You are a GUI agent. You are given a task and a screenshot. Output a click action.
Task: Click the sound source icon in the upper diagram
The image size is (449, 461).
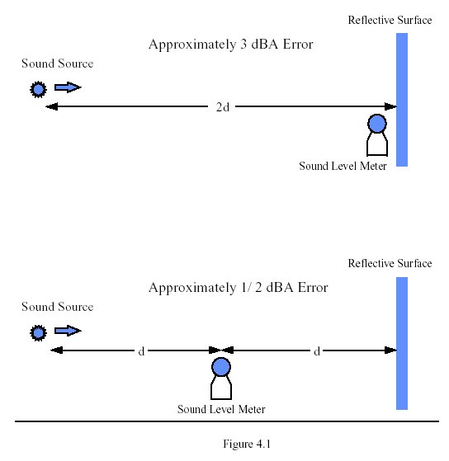[38, 89]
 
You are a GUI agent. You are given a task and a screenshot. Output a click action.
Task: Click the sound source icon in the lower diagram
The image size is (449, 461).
[38, 333]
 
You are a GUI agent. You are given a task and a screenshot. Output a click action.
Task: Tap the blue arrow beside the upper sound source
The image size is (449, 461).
[68, 87]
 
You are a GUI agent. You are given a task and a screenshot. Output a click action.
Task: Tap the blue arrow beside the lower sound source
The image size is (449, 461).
[68, 331]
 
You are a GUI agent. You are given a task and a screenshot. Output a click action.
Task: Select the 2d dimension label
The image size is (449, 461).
[223, 107]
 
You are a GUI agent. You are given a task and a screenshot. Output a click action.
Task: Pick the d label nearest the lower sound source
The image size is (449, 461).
[141, 351]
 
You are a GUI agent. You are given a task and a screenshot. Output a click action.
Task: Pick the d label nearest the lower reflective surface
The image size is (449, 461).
[317, 351]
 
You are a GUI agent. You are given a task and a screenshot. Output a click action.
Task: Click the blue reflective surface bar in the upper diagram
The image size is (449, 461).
[402, 100]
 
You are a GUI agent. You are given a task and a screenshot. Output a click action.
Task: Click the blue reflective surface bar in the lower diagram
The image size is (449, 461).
[402, 343]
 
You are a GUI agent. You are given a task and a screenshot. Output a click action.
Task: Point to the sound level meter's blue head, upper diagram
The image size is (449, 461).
[377, 124]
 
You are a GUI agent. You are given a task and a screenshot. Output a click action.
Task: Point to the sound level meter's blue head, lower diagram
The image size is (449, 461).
[221, 367]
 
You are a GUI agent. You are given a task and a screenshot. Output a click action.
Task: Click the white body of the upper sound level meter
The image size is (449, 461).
[377, 144]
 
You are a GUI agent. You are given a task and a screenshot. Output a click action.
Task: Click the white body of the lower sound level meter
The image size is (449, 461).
[221, 388]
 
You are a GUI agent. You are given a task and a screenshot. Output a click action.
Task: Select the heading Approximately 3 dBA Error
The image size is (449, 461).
[230, 45]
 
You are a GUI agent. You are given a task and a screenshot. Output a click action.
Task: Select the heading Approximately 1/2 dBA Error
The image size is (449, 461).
[238, 288]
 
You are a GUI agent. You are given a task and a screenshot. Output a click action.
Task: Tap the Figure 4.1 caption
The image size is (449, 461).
[247, 444]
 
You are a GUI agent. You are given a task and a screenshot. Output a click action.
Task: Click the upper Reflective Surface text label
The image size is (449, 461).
[390, 20]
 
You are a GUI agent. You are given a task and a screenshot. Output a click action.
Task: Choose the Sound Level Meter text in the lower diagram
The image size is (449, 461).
[221, 409]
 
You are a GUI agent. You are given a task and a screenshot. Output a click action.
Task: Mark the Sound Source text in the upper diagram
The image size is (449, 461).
[58, 64]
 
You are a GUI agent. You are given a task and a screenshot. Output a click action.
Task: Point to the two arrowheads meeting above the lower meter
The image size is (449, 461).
[221, 350]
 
